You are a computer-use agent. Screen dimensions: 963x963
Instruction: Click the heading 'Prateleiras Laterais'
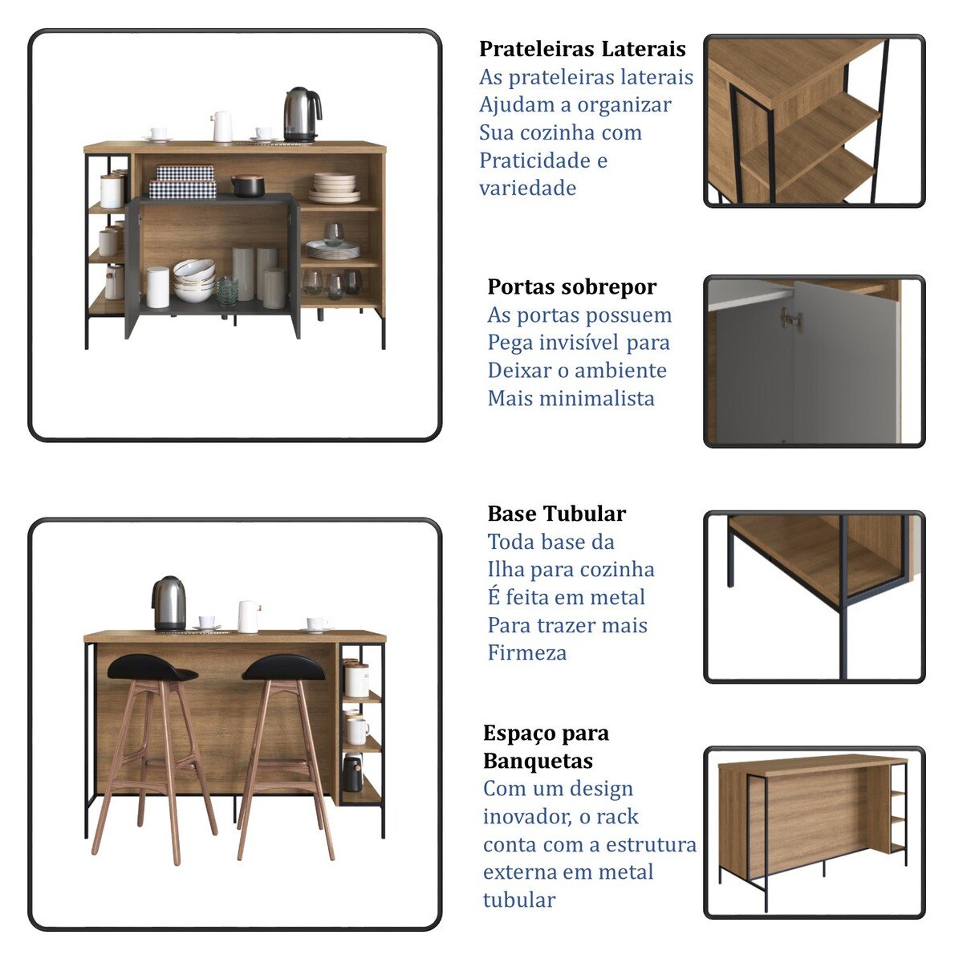(x=582, y=49)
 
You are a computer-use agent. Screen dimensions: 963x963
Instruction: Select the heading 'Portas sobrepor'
(x=571, y=287)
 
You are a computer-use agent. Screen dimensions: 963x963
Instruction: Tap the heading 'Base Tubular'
(x=556, y=514)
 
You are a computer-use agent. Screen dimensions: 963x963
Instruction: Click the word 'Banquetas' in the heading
(x=538, y=761)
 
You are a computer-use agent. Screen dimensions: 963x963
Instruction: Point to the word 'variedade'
(x=528, y=188)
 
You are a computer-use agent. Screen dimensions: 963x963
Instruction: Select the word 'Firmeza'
(x=526, y=652)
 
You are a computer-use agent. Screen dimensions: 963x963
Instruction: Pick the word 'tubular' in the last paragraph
(x=518, y=900)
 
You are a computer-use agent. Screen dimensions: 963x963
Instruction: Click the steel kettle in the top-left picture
(x=302, y=115)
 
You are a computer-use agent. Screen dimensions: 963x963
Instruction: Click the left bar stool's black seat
(x=152, y=667)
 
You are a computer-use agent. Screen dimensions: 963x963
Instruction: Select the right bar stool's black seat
(x=283, y=667)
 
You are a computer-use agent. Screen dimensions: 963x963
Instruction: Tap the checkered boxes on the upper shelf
(x=183, y=181)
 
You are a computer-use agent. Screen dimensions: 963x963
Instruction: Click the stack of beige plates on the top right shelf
(x=334, y=188)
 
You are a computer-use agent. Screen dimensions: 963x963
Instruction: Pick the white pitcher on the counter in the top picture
(x=221, y=127)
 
